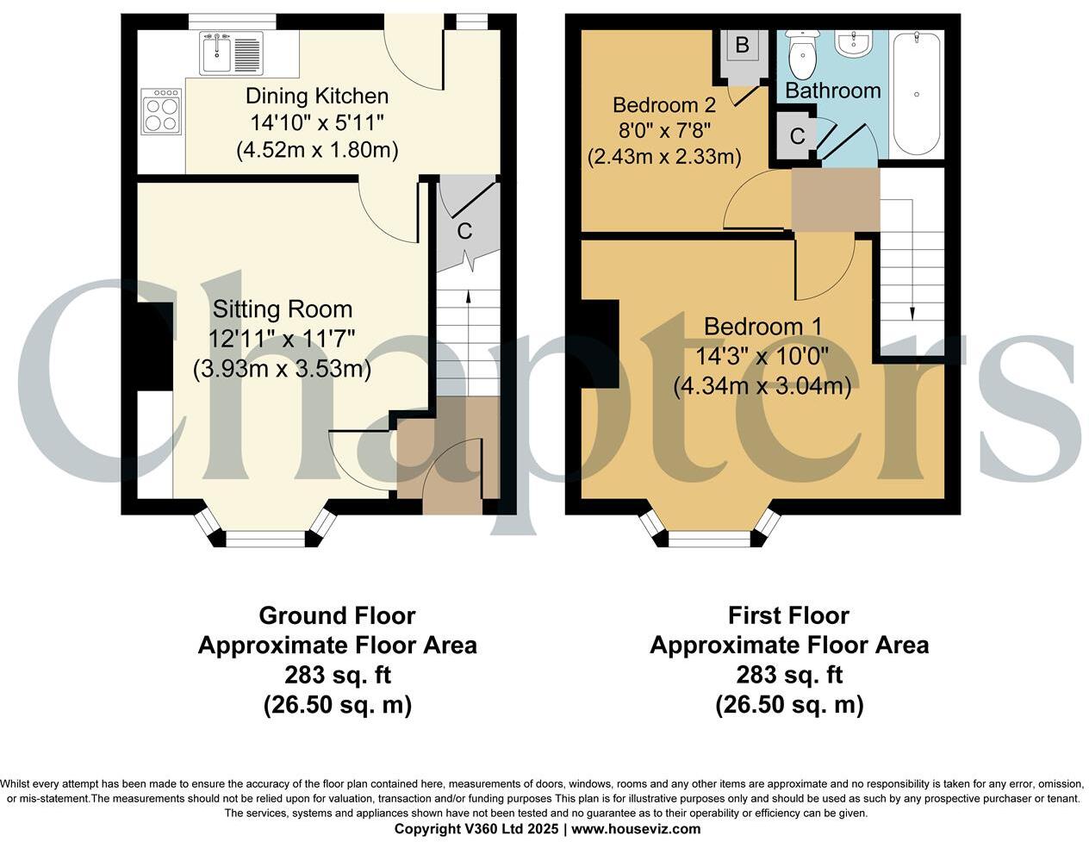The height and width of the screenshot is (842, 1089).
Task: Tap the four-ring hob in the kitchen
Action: point(162,112)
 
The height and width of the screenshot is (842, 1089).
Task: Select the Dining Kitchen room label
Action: point(317,96)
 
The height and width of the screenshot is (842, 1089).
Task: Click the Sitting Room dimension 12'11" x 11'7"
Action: point(282,339)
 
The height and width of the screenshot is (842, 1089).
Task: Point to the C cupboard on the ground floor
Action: point(464,230)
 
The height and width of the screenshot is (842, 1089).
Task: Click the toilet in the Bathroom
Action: point(802,53)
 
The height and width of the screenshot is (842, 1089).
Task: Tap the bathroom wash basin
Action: point(855,43)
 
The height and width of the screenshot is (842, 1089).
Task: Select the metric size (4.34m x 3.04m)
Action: point(762,386)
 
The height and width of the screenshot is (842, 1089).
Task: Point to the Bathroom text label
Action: point(832,90)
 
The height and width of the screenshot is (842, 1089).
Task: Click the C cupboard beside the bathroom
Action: point(797,136)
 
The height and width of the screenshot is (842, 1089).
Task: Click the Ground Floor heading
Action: point(337,615)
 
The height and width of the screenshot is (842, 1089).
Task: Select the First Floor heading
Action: point(788,615)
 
